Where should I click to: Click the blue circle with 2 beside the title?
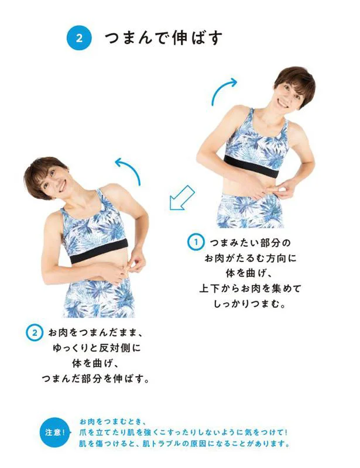(79, 38)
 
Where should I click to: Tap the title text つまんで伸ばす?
(163, 38)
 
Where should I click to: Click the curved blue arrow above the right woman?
(224, 91)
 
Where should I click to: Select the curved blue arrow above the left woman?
(128, 171)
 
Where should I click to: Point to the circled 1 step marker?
(196, 242)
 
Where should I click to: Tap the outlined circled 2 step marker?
(35, 332)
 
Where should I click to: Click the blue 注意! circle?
(54, 432)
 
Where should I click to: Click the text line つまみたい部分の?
(250, 243)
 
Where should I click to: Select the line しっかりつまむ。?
(249, 304)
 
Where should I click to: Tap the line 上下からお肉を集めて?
(250, 288)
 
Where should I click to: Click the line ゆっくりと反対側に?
(97, 348)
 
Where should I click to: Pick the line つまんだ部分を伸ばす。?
(95, 378)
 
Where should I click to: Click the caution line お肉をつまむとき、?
(112, 422)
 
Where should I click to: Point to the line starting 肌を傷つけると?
(184, 444)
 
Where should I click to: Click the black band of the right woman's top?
(252, 166)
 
